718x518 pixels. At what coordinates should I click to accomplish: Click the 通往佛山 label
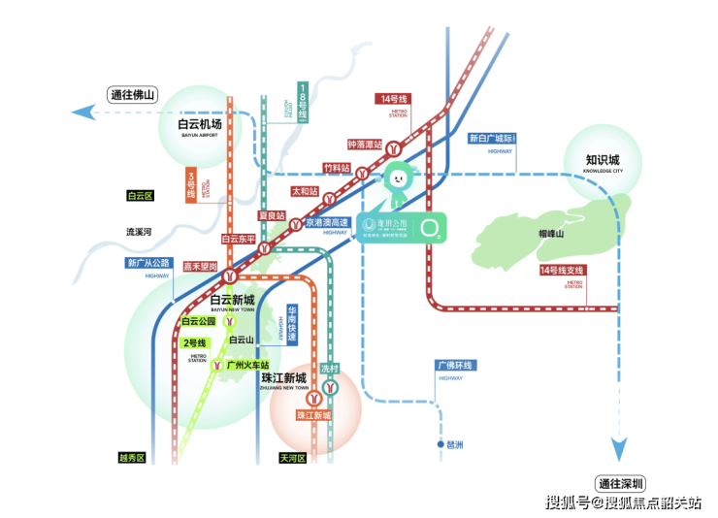(x=132, y=95)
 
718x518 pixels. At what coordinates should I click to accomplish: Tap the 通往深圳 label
(x=621, y=483)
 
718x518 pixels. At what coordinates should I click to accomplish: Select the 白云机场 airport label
(x=200, y=125)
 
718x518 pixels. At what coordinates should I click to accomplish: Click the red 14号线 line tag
(x=395, y=98)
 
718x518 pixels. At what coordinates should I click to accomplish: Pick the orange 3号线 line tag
(x=191, y=184)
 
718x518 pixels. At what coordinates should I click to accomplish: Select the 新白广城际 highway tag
(x=492, y=139)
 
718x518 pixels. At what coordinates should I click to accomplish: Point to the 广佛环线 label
(x=453, y=365)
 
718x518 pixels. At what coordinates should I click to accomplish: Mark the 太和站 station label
(x=305, y=191)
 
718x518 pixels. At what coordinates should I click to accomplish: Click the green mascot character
(x=399, y=183)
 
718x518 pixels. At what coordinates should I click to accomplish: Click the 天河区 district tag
(x=292, y=458)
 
